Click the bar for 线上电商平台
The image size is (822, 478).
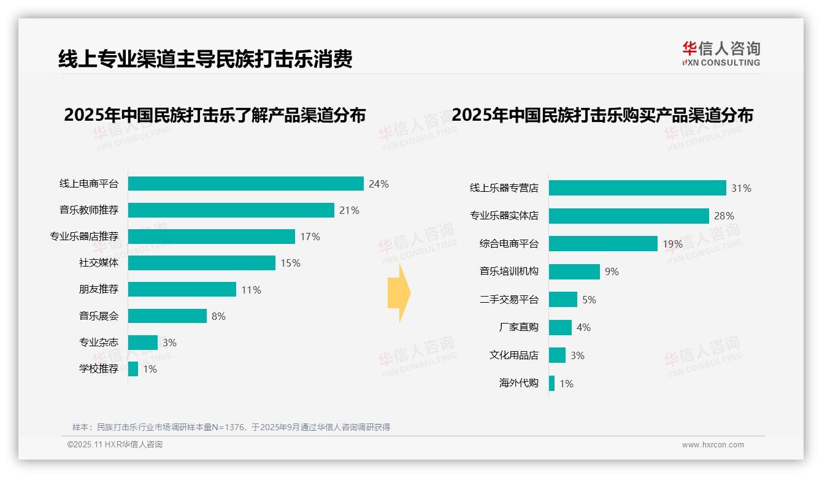(245, 184)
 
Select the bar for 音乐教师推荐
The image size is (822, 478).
(231, 210)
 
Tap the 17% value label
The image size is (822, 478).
(310, 237)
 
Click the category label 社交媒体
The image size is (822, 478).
(98, 263)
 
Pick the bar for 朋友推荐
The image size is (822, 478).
(182, 289)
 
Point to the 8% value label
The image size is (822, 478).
(218, 316)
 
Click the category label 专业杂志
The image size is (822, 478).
(98, 343)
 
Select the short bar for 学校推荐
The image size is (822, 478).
(133, 369)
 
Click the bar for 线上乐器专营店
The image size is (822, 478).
(637, 188)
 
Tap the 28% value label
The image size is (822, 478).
(724, 216)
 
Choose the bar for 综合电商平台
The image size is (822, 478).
(603, 244)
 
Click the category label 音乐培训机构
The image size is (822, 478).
(509, 271)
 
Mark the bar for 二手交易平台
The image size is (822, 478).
(563, 300)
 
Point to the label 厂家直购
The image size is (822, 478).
(518, 327)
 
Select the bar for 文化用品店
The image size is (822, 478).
(557, 355)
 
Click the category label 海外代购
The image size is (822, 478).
(518, 383)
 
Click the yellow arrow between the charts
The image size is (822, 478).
(399, 293)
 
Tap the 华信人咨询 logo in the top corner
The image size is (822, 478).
(721, 53)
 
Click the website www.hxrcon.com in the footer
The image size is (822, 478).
(712, 445)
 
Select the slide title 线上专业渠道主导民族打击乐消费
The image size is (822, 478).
(205, 59)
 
